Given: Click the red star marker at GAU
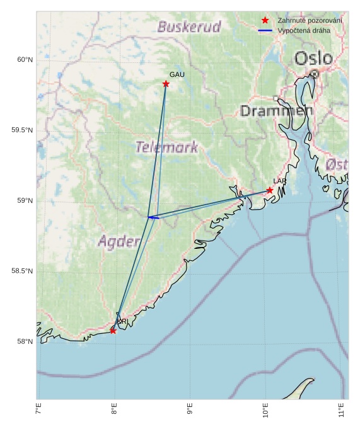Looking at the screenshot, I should tap(166, 84).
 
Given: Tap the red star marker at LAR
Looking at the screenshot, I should tap(270, 190).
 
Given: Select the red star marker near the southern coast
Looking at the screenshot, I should tap(113, 330).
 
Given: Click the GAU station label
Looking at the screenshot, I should tap(177, 75).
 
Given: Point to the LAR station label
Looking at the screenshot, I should tap(279, 181).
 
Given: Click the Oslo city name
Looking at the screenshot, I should tap(313, 59).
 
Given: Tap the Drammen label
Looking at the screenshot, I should tap(276, 111).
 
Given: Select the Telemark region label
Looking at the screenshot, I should tap(166, 147).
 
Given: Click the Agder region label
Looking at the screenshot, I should tap(119, 241).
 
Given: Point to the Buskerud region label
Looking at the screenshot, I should tap(189, 27).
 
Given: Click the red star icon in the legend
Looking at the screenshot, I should tap(265, 21).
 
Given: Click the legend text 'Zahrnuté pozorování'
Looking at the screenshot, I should tap(310, 21).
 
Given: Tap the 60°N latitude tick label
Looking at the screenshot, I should tap(25, 60).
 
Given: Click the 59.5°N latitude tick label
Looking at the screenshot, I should tap(22, 130).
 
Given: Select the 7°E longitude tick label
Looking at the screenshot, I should tap(38, 409).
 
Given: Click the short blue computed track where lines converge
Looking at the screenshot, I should tap(153, 217).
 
